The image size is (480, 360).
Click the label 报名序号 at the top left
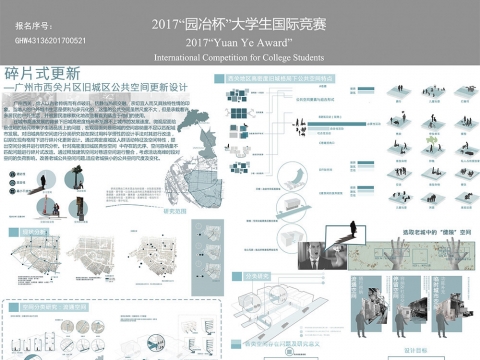[33, 22]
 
